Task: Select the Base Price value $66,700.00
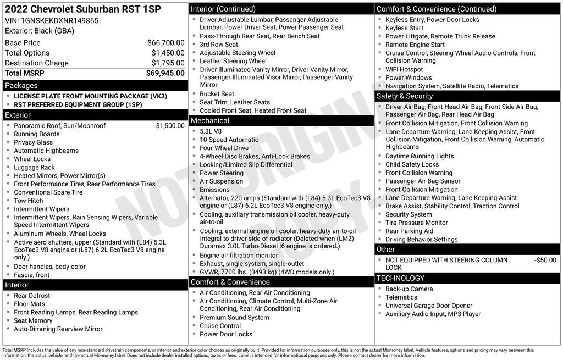[x=165, y=43]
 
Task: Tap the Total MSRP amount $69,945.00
[x=165, y=73]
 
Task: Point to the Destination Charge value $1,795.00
[x=168, y=63]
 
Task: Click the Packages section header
[x=21, y=85]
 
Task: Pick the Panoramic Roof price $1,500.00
[x=170, y=126]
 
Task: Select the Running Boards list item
[x=37, y=134]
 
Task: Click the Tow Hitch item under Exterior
[x=29, y=201]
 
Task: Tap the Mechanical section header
[x=210, y=121]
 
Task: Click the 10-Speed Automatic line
[x=229, y=140]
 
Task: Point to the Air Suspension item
[x=221, y=181]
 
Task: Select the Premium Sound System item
[x=234, y=318]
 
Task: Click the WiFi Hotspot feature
[x=404, y=70]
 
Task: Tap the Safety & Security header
[x=405, y=96]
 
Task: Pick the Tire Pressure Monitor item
[x=417, y=223]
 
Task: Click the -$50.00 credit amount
[x=545, y=260]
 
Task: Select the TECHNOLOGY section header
[x=401, y=278]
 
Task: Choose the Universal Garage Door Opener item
[x=429, y=306]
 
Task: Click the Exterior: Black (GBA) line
[x=40, y=31]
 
